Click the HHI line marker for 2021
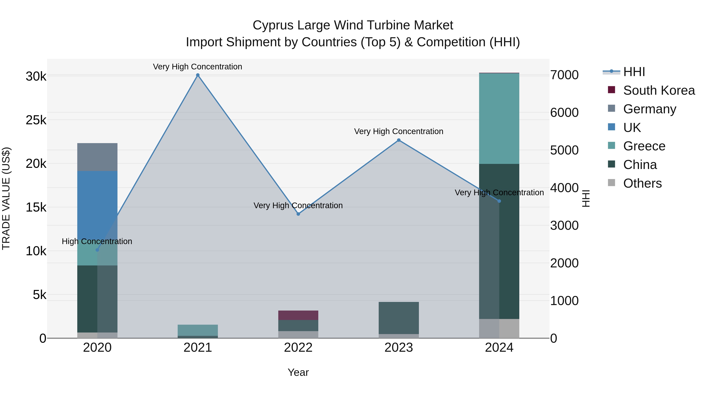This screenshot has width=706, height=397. [198, 75]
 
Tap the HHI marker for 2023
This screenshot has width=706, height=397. [399, 140]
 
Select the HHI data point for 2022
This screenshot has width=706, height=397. [298, 214]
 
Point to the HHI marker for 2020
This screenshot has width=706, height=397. [97, 250]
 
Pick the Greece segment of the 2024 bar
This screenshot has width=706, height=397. [499, 118]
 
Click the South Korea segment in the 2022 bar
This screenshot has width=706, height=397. [298, 315]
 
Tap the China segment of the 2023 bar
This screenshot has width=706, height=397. [399, 318]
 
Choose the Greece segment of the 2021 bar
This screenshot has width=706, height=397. [198, 330]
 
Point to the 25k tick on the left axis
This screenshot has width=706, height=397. [36, 120]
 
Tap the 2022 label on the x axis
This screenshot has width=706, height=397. [298, 348]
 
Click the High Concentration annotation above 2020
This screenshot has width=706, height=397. [97, 241]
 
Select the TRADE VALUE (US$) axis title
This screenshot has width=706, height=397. [6, 198]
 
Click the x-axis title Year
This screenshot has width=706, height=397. [298, 372]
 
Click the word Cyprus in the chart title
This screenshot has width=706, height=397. [273, 25]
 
